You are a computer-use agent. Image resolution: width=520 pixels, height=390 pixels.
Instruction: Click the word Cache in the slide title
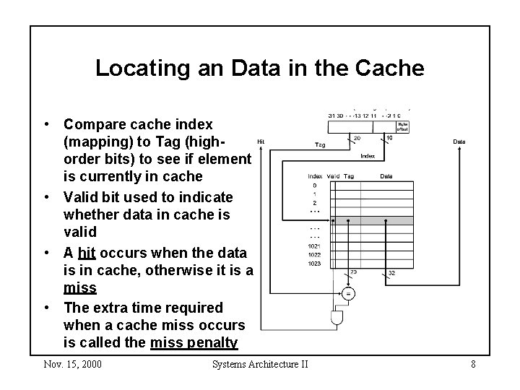[388, 69]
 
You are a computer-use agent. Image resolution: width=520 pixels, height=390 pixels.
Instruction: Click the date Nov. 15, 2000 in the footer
[72, 364]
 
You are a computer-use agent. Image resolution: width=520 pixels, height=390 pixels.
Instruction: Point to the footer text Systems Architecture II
[260, 364]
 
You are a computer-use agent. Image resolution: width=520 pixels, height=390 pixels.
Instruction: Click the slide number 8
[473, 364]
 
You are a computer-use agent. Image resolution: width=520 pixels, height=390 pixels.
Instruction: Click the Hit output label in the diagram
[261, 141]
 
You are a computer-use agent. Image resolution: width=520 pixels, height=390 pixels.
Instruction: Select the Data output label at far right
[459, 142]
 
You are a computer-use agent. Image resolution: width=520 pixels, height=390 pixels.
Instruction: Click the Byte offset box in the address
[403, 126]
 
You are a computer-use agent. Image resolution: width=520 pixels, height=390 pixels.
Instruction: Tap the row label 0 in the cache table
[315, 185]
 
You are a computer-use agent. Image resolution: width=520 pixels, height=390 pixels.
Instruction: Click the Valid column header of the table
[332, 175]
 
